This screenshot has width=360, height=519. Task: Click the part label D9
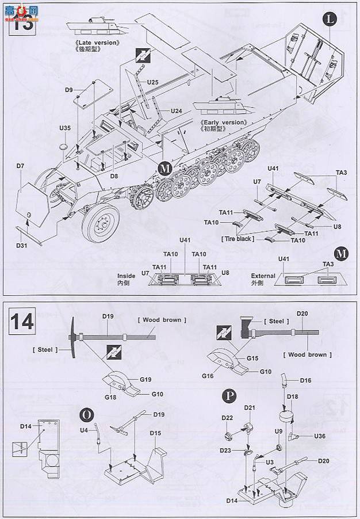68,90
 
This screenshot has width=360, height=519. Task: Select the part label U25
152,82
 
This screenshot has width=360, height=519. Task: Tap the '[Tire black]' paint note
235,238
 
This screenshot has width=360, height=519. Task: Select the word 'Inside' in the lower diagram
127,276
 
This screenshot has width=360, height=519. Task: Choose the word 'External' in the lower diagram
263,276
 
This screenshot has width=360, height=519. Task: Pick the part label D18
292,397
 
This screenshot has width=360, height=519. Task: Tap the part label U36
320,436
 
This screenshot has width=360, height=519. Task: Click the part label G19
145,380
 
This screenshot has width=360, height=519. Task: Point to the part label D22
227,417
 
